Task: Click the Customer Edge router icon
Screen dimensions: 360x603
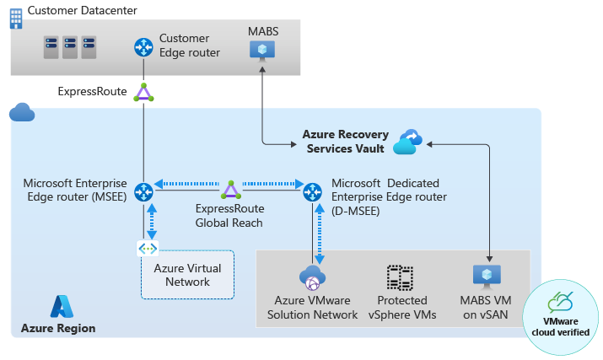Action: (x=143, y=47)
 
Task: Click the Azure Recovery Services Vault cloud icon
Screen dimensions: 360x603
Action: (x=407, y=142)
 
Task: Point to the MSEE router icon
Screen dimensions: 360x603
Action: (x=143, y=191)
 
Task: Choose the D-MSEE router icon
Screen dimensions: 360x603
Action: (x=313, y=191)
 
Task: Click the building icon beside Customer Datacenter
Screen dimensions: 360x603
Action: (x=15, y=18)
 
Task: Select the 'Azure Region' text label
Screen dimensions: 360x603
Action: (x=58, y=328)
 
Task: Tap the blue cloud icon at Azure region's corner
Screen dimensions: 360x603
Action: (x=20, y=112)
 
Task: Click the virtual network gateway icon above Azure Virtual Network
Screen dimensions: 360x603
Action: (x=148, y=250)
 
